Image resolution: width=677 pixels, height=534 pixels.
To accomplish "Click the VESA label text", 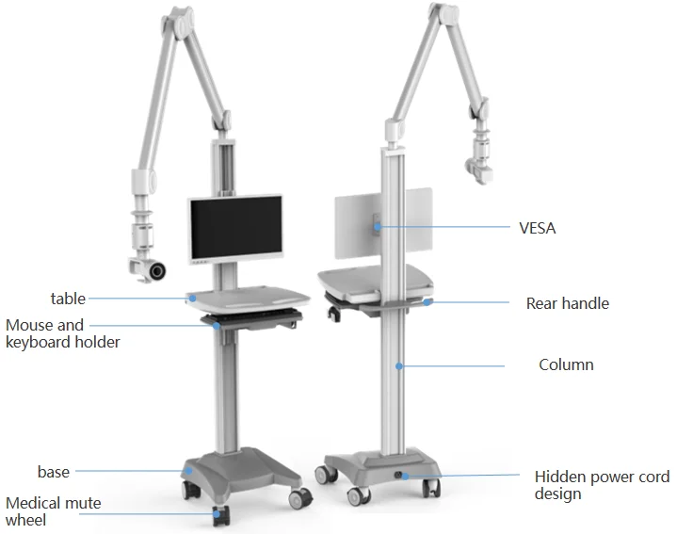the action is coord(537,228).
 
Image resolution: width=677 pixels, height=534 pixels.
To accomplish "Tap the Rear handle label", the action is coord(567,303).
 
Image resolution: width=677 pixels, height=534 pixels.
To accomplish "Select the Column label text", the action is coord(566,364).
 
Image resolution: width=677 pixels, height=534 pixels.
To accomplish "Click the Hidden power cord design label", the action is coord(602,485).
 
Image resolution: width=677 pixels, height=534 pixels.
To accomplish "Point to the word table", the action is coord(68,299).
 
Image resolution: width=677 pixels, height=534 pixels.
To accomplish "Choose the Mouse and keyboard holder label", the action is coord(62,334).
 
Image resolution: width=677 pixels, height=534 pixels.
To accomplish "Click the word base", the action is coord(54,471).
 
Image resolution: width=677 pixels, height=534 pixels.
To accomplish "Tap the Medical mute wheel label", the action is coord(53,511).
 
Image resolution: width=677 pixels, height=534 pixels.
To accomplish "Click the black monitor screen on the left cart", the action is coord(234,229).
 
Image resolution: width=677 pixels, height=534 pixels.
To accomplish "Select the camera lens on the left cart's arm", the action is coord(155,271).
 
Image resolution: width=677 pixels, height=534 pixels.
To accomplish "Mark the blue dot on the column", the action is coord(399,365).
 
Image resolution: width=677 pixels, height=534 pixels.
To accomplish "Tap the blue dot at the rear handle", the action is coord(427,302).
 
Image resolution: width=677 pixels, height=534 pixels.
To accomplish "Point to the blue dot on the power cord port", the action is coord(405,477).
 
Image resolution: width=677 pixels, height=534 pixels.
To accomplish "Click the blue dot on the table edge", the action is coord(192,298).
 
